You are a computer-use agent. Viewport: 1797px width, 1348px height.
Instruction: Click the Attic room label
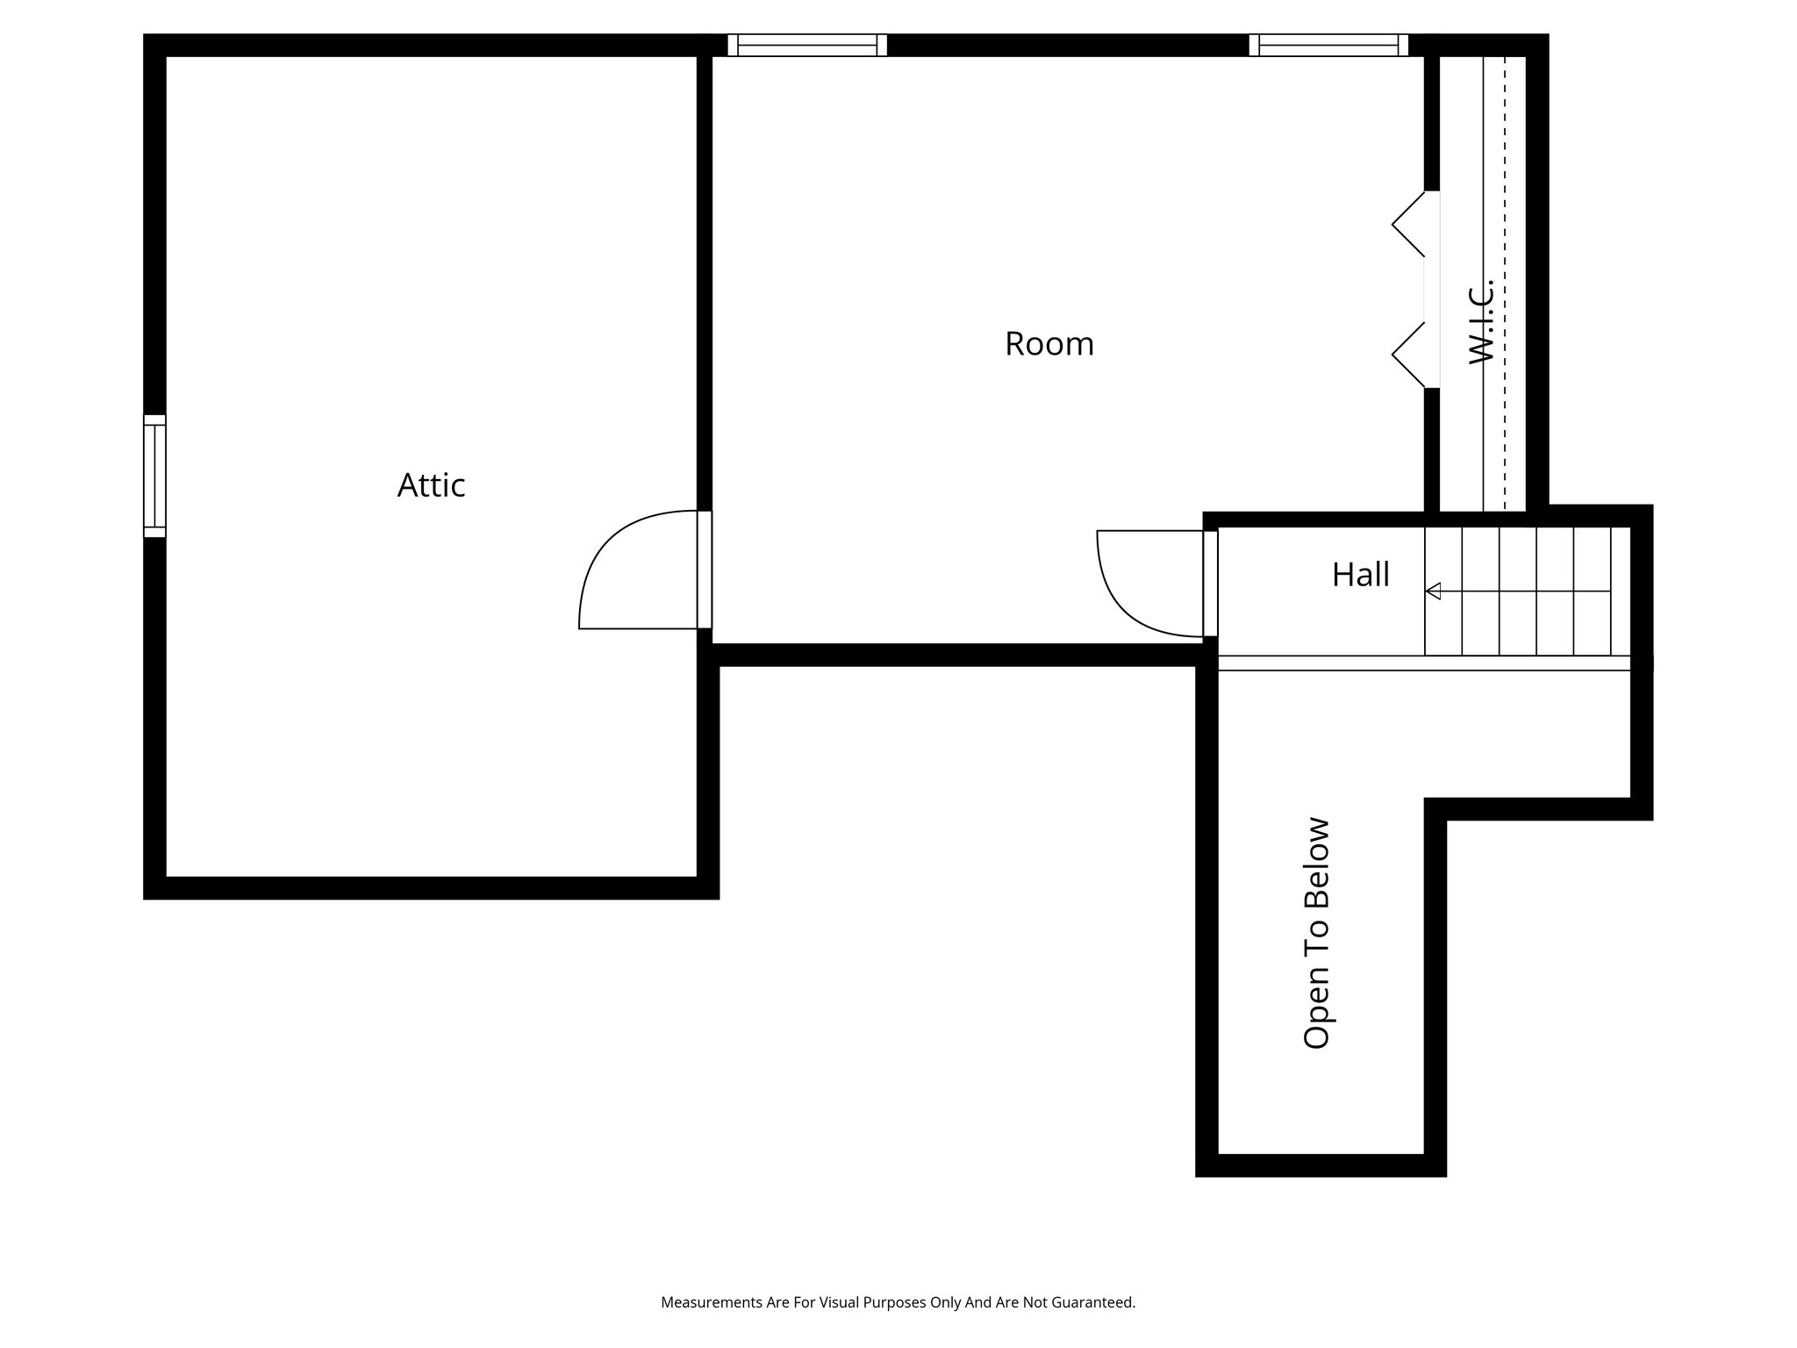pyautogui.click(x=431, y=485)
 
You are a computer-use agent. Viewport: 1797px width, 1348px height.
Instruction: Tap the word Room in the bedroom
pyautogui.click(x=1049, y=344)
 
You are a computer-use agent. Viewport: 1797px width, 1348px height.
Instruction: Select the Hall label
pyautogui.click(x=1360, y=575)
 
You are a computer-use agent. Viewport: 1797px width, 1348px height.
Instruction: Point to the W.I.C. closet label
pyautogui.click(x=1481, y=321)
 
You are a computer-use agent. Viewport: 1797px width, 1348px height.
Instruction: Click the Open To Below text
pyautogui.click(x=1317, y=932)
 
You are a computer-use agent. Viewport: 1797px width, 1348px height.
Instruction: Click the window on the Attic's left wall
pyautogui.click(x=154, y=475)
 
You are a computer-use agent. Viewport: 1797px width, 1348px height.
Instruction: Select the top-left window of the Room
pyautogui.click(x=807, y=45)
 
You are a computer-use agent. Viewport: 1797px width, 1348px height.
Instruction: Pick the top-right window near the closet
pyautogui.click(x=1328, y=45)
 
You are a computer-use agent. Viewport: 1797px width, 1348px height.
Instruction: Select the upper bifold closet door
pyautogui.click(x=1408, y=225)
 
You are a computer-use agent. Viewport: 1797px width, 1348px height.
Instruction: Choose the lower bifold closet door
pyautogui.click(x=1408, y=355)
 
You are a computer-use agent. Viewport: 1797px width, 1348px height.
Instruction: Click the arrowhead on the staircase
pyautogui.click(x=1434, y=592)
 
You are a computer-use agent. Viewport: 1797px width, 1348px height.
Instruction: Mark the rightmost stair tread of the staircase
pyautogui.click(x=1620, y=592)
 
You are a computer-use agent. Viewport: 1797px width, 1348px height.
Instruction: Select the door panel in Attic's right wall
pyautogui.click(x=705, y=570)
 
